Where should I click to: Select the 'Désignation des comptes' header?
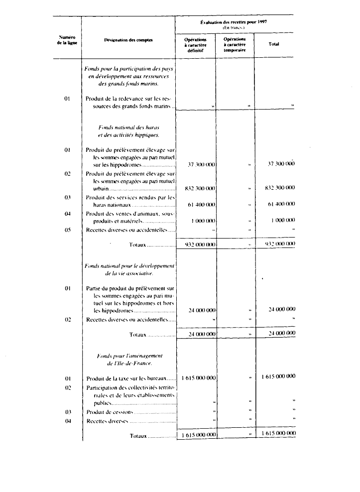click(128, 40)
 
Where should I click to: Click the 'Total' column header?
click(274, 44)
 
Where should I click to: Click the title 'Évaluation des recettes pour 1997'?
click(234, 22)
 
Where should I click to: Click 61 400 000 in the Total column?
click(281, 204)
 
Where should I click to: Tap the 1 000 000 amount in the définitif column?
click(203, 221)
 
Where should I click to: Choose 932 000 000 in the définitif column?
click(200, 245)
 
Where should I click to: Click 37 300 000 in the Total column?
click(281, 164)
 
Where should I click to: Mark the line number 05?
click(68, 230)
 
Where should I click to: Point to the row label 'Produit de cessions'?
click(110, 412)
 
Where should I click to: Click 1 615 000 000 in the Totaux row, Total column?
click(278, 434)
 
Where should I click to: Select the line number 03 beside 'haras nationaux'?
click(68, 197)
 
